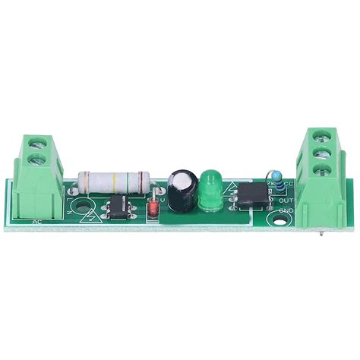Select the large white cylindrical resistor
click(114, 182)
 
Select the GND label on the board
click(286, 210)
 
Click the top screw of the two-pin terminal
click(34, 140)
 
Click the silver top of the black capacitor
click(180, 180)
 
